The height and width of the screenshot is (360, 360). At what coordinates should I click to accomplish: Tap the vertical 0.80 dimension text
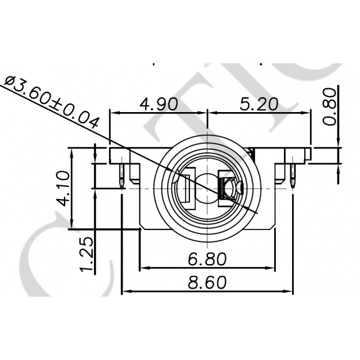(x=329, y=107)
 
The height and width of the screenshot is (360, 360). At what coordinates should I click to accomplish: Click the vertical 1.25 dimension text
(x=86, y=254)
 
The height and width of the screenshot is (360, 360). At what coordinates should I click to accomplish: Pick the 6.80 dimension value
(x=207, y=257)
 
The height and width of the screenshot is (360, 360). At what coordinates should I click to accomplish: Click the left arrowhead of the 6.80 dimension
(x=143, y=268)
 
